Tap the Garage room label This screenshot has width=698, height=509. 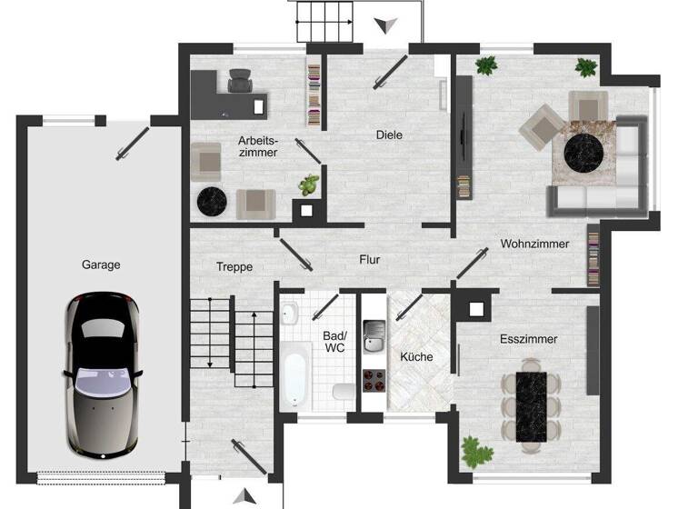coord(101,265)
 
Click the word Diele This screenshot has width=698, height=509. coord(389,135)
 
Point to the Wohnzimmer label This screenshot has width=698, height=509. coord(534,244)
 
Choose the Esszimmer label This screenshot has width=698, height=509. coord(528,339)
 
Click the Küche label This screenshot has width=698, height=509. coord(415,357)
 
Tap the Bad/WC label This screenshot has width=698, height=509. coord(334,341)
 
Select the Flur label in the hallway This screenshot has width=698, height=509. coord(370,260)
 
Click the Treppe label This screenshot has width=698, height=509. coord(234,267)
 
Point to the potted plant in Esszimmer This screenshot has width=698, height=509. coord(475,450)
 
